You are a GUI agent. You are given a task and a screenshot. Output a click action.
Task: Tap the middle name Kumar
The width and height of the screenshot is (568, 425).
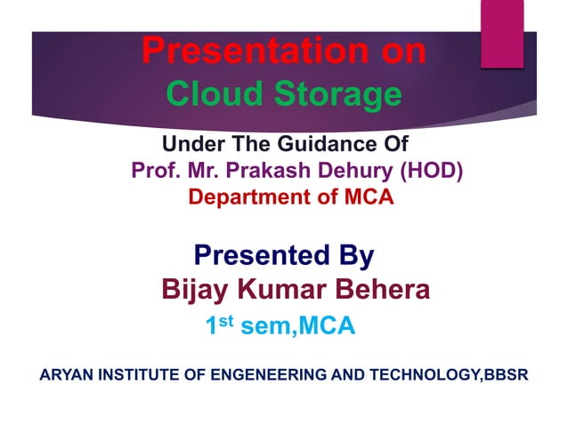pyautogui.click(x=276, y=289)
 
